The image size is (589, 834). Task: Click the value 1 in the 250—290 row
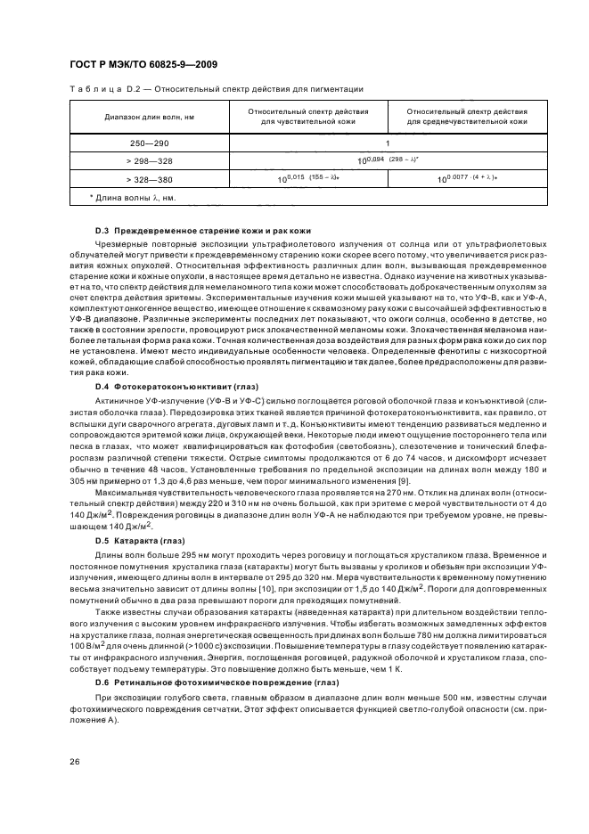point(388,143)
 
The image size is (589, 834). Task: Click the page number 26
point(74,760)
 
